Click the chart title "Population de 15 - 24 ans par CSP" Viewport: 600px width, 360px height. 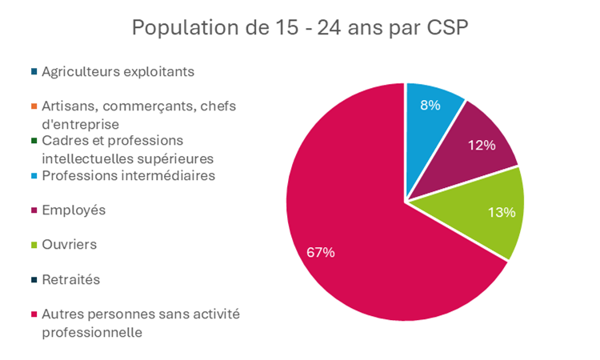pyautogui.click(x=300, y=28)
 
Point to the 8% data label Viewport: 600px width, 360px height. pyautogui.click(x=430, y=105)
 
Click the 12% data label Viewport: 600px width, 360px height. pyautogui.click(x=483, y=145)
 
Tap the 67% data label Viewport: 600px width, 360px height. pyautogui.click(x=320, y=252)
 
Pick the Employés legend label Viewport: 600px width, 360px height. pyautogui.click(x=74, y=210)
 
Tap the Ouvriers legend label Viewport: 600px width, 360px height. pyautogui.click(x=70, y=244)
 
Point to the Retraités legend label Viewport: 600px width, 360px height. pyautogui.click(x=71, y=279)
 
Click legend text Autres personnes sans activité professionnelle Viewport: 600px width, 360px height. pyautogui.click(x=140, y=322)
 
